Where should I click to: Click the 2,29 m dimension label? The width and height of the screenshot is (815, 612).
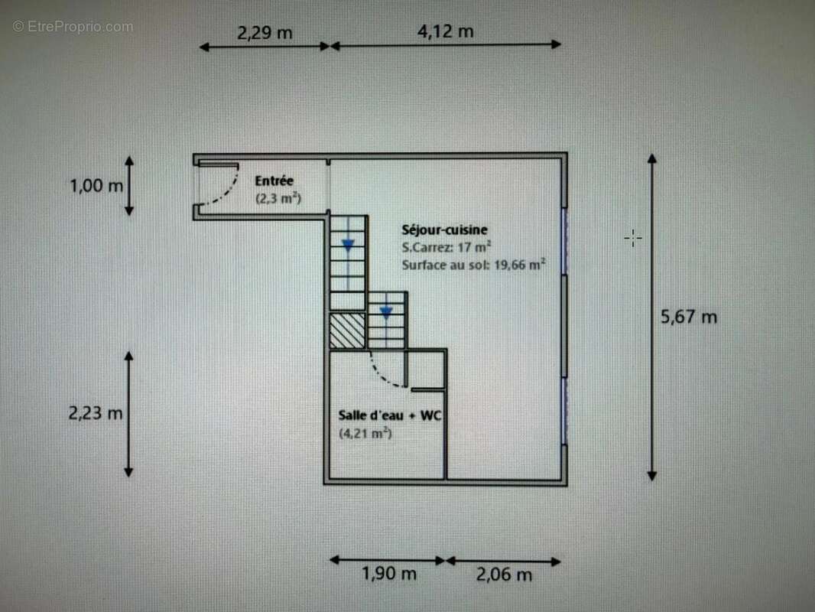(x=265, y=33)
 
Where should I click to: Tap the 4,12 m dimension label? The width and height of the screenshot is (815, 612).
(x=445, y=31)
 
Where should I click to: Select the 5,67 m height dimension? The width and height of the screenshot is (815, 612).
(x=689, y=316)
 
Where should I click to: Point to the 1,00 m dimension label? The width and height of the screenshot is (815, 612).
(x=96, y=186)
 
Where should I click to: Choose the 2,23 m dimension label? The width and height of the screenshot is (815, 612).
(x=96, y=413)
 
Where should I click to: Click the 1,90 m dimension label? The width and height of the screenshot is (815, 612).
(x=389, y=573)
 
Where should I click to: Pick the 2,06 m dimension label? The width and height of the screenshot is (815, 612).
(x=504, y=575)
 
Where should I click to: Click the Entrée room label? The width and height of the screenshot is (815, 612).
(x=274, y=181)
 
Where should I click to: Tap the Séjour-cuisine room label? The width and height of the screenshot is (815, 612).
(x=444, y=229)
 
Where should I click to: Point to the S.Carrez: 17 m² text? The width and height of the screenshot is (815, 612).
(x=446, y=247)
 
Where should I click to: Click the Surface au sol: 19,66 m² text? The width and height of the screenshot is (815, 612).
(x=473, y=265)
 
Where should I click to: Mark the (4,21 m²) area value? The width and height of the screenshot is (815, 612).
(x=365, y=434)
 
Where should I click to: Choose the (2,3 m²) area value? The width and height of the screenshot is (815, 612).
(x=278, y=199)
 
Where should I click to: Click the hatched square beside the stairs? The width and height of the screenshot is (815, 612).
(x=347, y=330)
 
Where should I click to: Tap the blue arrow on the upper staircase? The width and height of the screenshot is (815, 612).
(x=348, y=246)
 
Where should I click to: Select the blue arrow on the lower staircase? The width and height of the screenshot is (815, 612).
(x=386, y=312)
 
